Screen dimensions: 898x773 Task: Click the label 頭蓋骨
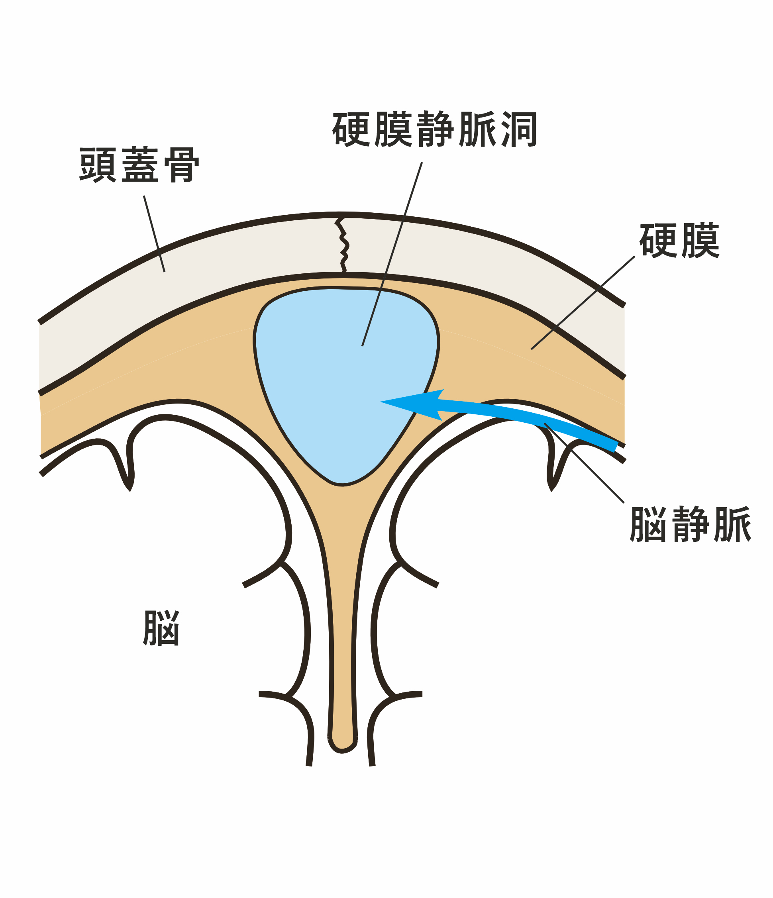[x=139, y=165]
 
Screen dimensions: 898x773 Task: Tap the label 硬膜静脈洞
[x=435, y=129]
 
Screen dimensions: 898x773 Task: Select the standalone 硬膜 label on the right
[x=679, y=241]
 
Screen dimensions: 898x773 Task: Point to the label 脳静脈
[x=690, y=524]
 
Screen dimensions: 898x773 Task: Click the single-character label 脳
[x=161, y=628]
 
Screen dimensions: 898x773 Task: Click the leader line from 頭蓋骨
[x=154, y=234]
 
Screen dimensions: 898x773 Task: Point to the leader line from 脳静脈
[x=585, y=464]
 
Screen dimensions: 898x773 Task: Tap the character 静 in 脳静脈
[x=690, y=524]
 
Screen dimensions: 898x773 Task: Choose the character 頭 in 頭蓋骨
[x=98, y=165]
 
